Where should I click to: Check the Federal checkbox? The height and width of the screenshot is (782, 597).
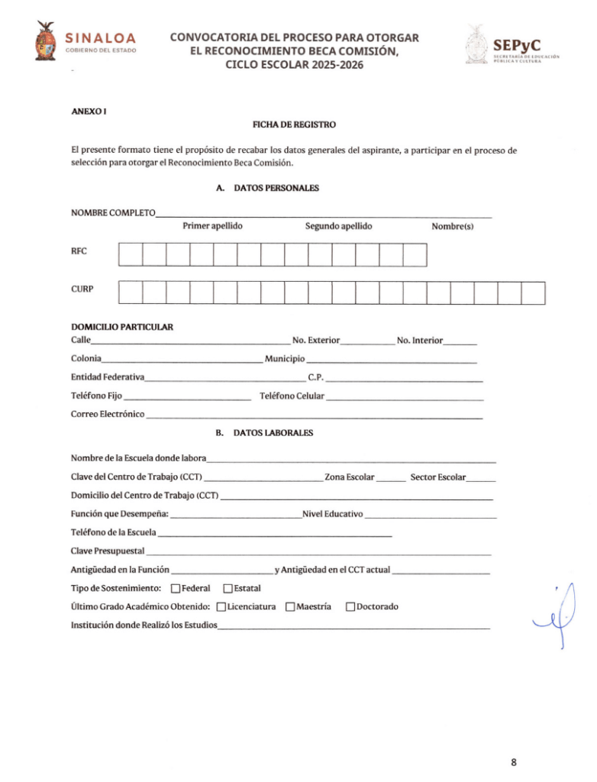pos(176,588)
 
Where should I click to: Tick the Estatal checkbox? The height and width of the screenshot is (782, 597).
pos(228,588)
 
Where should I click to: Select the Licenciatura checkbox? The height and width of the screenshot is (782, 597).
pos(221,607)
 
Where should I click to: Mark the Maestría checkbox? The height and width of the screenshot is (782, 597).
pos(290,607)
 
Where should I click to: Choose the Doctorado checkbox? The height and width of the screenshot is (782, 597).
pos(350,607)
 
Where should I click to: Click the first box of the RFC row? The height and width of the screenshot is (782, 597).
pos(131,254)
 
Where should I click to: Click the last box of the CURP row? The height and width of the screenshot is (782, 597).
pos(533,293)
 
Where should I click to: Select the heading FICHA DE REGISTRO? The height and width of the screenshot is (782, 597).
pos(294,124)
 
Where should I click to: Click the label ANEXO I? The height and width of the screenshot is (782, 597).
pos(89,111)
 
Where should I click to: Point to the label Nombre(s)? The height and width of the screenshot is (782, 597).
pos(453,226)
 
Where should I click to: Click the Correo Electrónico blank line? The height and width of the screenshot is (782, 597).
pos(314,417)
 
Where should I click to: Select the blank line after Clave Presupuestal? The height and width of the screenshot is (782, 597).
pos(318,552)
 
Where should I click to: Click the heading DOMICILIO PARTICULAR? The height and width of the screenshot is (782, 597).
pos(122,327)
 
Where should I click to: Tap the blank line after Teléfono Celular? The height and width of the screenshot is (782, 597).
pos(405,399)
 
